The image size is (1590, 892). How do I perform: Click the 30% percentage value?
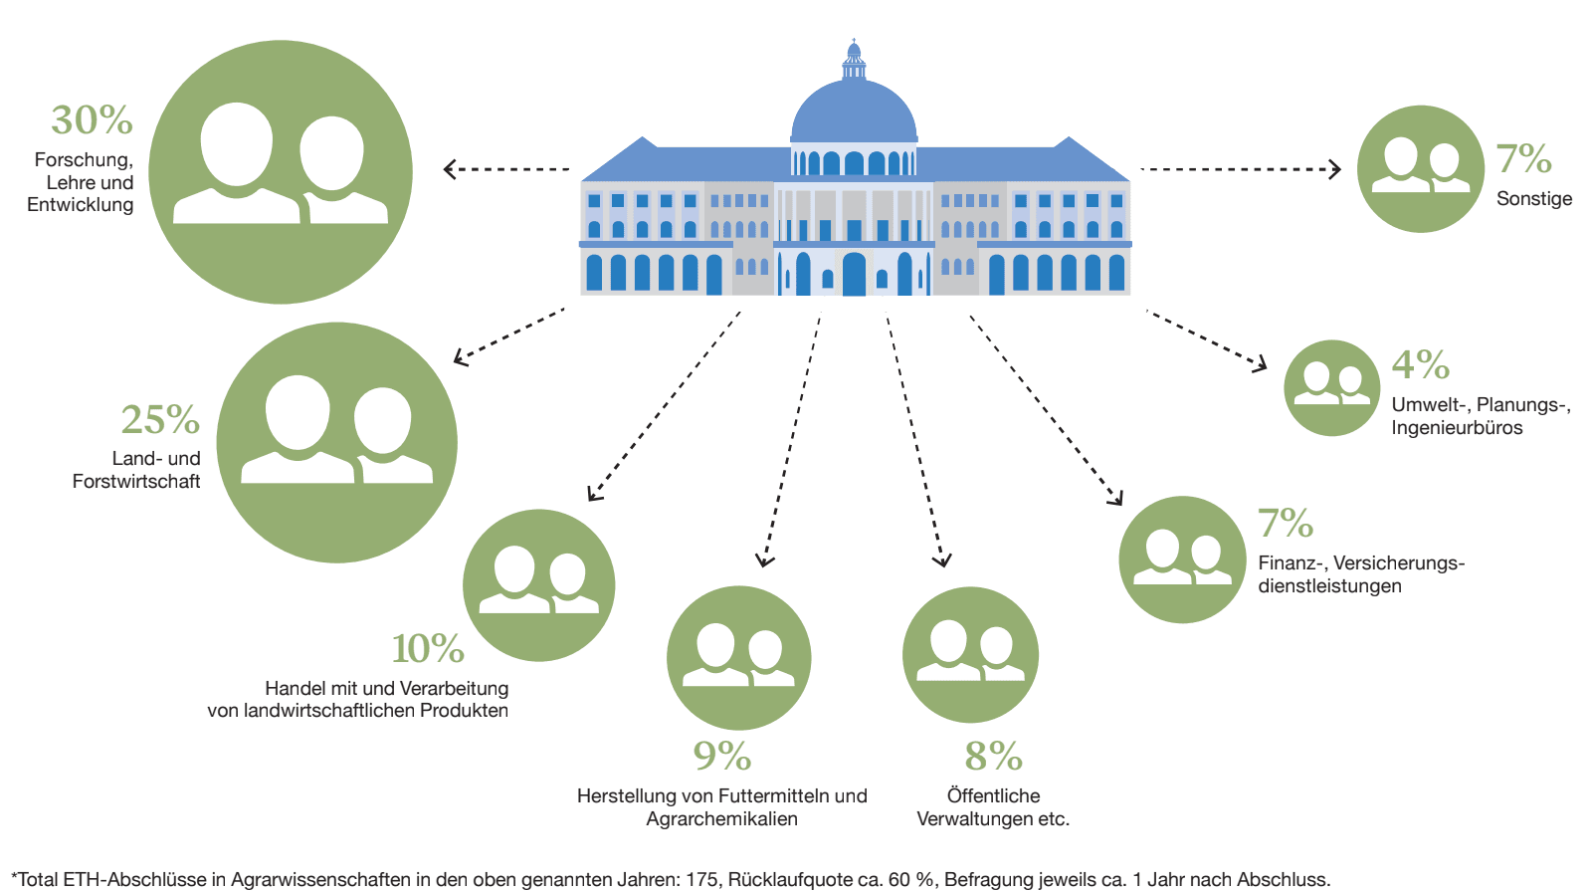(92, 120)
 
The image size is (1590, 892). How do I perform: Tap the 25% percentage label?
(160, 420)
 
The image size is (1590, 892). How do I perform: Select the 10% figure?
(428, 649)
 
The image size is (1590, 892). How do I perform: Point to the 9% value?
(722, 757)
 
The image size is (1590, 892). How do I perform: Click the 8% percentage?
(993, 757)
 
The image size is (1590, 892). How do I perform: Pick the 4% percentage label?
(1420, 364)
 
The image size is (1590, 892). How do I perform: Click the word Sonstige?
(1534, 198)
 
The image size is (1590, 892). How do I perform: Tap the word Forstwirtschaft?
(136, 482)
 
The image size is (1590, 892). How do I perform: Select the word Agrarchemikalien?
(721, 818)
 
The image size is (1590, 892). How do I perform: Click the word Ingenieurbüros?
(1457, 428)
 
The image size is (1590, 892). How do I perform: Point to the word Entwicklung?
(81, 205)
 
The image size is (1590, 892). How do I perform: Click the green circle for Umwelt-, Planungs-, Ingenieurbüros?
(1331, 388)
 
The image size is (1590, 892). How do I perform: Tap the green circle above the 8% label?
(970, 654)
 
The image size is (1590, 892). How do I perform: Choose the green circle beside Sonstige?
(1420, 169)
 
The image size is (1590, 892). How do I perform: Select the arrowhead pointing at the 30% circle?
(450, 169)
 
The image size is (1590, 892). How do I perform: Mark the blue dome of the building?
(854, 114)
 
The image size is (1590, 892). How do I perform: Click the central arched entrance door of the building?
(854, 274)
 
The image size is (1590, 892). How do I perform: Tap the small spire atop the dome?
(854, 50)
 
